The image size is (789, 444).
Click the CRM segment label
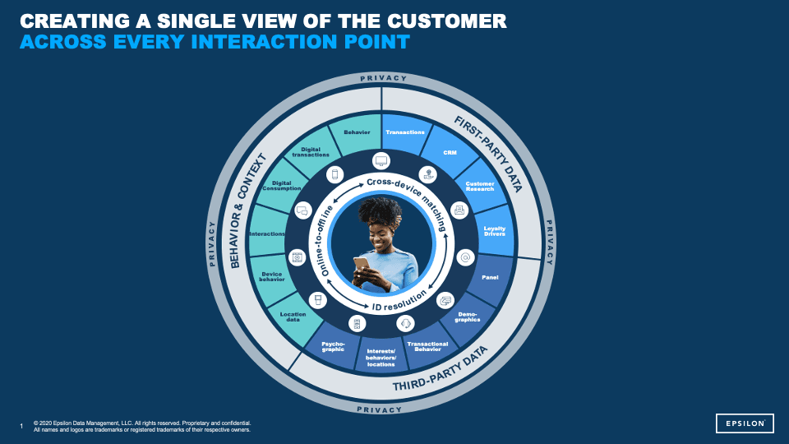point(450,153)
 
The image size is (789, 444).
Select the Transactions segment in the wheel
point(405,132)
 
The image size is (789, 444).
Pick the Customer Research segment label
point(479,186)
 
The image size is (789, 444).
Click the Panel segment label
point(490,277)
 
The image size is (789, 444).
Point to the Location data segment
point(293,317)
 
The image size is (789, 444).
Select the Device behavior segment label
point(272,276)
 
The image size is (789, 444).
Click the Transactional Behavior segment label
point(427,346)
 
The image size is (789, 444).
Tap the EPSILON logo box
point(744,423)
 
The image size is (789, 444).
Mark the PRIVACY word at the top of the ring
point(382,78)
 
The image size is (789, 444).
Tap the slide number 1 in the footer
point(21,426)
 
